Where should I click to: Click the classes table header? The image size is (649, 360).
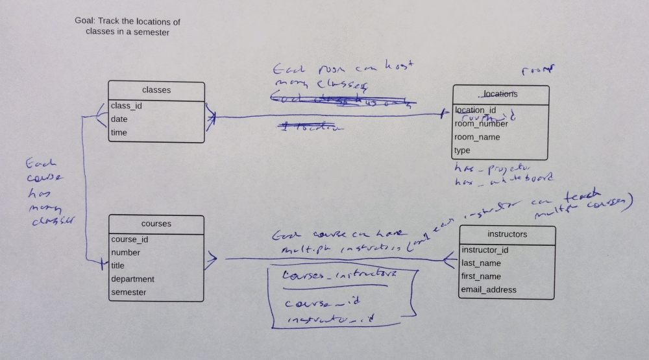click(x=156, y=90)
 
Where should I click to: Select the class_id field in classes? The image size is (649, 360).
click(x=127, y=106)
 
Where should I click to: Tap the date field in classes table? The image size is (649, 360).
click(x=119, y=119)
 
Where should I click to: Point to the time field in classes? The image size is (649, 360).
click(x=119, y=133)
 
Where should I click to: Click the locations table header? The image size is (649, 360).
click(x=500, y=94)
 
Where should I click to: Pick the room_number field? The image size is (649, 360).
click(x=481, y=124)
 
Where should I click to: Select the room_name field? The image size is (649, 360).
click(x=477, y=138)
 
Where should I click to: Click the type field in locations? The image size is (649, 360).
click(x=462, y=150)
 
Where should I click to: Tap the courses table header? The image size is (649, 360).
click(x=156, y=224)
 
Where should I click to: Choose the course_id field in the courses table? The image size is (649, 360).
click(x=129, y=239)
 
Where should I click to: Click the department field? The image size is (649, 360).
click(x=132, y=279)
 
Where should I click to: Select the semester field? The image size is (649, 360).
click(x=129, y=293)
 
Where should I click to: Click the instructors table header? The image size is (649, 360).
click(x=507, y=234)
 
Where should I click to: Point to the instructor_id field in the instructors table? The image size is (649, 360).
click(x=485, y=250)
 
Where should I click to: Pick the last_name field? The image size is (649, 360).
click(x=482, y=263)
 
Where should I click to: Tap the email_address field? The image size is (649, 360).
click(x=489, y=290)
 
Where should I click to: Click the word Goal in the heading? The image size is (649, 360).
click(x=84, y=21)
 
